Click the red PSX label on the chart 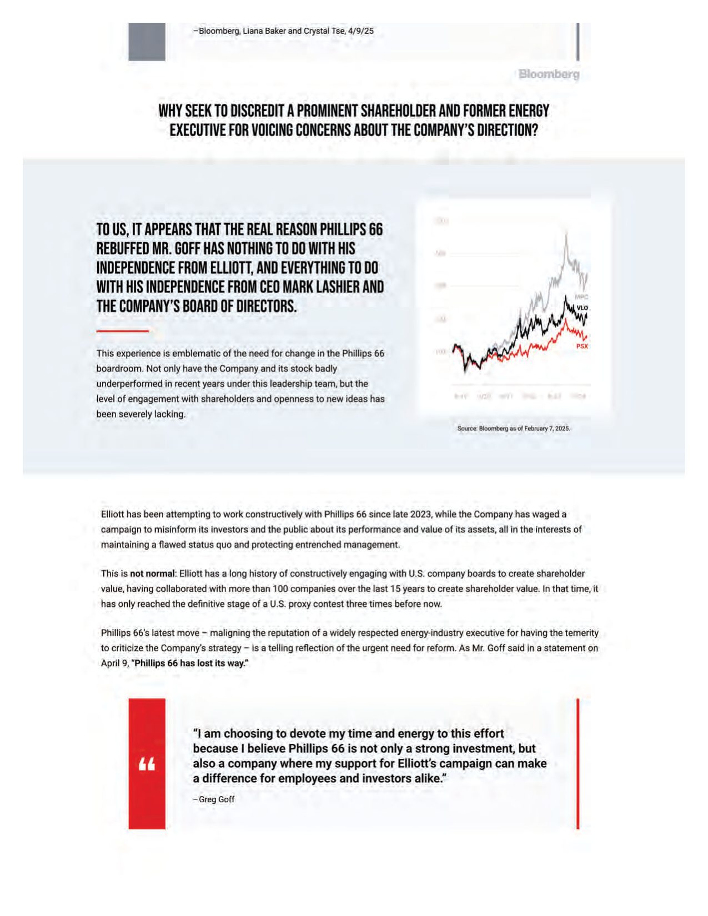(581, 346)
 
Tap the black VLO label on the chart (582, 308)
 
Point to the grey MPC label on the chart (581, 297)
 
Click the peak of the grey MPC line (566, 233)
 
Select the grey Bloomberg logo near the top (549, 74)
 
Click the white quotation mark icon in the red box (147, 764)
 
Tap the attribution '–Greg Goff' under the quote (214, 799)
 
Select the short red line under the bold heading (122, 331)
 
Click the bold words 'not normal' (152, 573)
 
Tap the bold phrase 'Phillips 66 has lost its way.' (192, 663)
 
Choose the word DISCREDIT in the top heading (262, 111)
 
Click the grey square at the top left (147, 42)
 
